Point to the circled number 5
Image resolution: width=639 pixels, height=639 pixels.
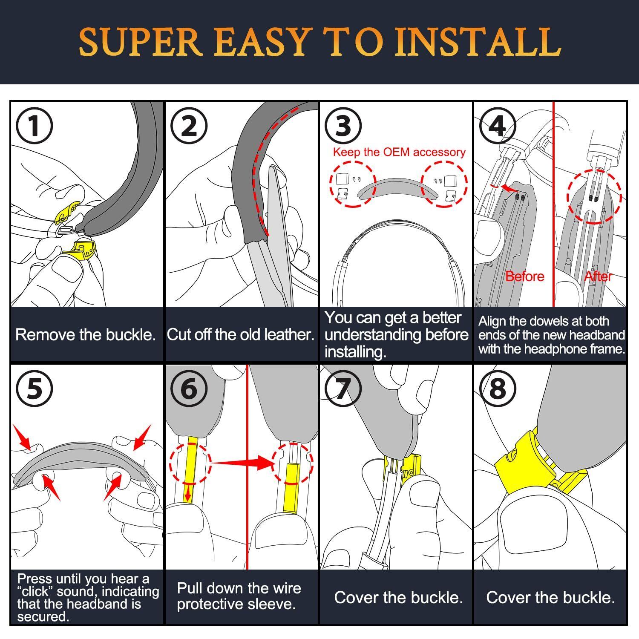34,389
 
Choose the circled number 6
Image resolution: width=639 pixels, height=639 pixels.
189,389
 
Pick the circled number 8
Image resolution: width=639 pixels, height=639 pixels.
498,389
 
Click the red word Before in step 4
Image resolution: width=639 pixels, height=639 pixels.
524,276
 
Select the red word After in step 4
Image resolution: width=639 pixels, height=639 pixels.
598,276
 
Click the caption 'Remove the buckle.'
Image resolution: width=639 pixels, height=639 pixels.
85,334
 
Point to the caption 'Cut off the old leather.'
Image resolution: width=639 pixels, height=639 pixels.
240,334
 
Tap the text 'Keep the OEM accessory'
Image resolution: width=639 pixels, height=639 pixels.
399,152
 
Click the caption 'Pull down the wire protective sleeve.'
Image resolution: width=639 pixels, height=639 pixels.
239,596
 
